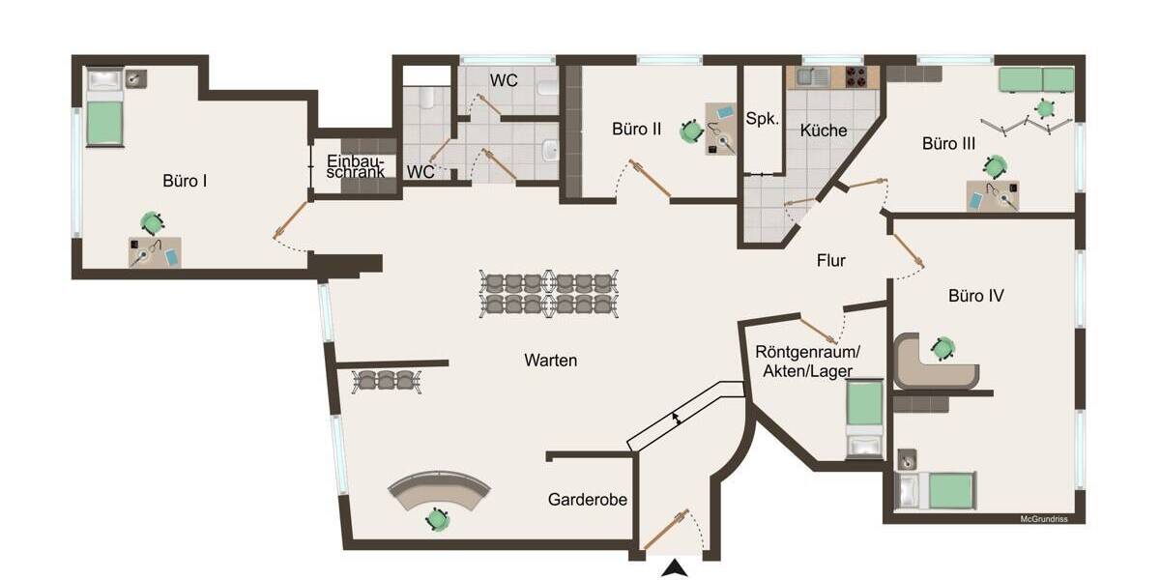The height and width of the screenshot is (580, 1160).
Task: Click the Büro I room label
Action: (x=186, y=180)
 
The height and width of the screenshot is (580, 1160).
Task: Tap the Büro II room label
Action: (x=636, y=129)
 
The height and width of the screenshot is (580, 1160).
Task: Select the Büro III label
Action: (x=948, y=144)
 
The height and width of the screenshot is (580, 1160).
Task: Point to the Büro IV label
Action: (x=975, y=296)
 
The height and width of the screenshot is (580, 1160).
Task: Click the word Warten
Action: (x=551, y=361)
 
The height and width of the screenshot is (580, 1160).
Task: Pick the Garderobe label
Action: (x=588, y=500)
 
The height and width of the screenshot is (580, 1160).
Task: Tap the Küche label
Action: (x=824, y=130)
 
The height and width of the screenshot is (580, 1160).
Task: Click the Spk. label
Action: (x=762, y=118)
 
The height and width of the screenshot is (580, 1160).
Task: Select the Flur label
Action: (x=831, y=260)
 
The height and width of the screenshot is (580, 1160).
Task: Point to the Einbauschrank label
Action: (x=355, y=166)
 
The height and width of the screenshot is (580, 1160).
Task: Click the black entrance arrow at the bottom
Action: (x=675, y=569)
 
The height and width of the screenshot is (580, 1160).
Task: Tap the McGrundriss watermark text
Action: (x=1051, y=519)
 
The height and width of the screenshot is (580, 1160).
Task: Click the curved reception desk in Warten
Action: (x=439, y=487)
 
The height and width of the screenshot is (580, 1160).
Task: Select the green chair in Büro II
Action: (x=690, y=130)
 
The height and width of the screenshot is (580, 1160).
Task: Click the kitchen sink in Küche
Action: (x=815, y=76)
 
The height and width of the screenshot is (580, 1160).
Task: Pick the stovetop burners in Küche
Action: (x=855, y=76)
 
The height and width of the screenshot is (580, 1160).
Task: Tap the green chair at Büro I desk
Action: (x=151, y=223)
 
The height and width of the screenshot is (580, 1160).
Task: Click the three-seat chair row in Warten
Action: (x=385, y=380)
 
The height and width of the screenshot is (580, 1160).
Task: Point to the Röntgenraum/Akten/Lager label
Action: (x=807, y=360)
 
